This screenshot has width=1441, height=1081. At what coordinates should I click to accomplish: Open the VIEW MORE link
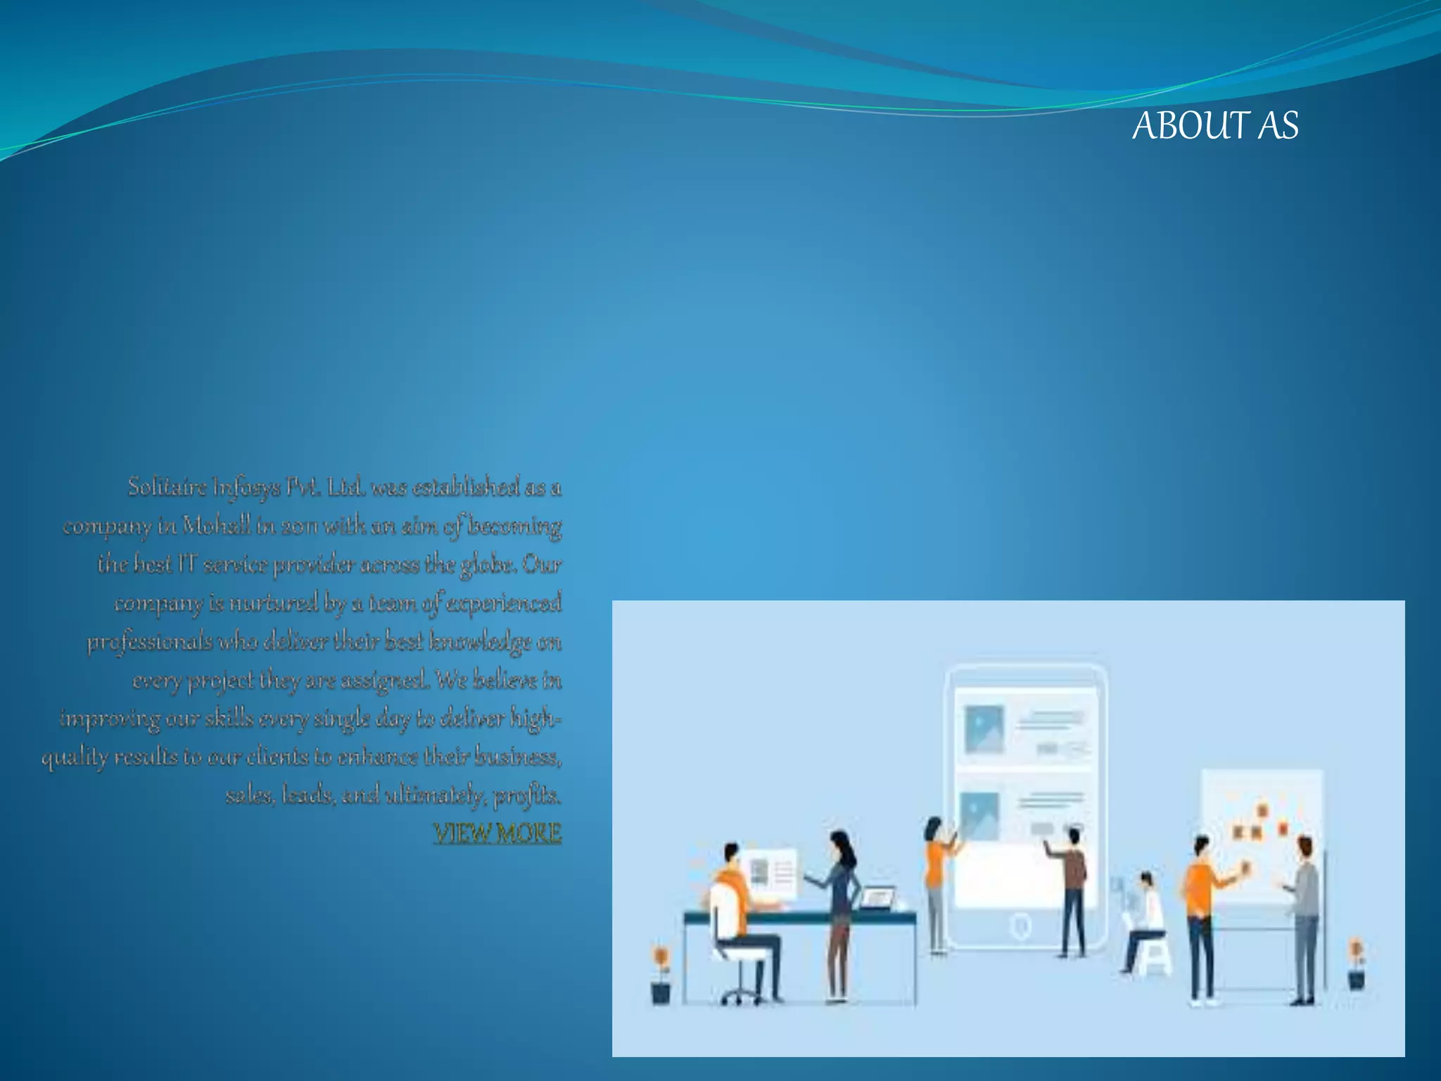coord(497,833)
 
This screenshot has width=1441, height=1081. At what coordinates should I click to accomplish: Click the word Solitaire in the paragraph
coord(167,487)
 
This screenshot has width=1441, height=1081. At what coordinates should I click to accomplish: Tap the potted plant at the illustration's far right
coord(1356,964)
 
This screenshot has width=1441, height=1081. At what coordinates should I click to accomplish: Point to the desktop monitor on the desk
coord(771,873)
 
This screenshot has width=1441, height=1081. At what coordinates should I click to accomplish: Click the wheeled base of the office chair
coord(739,995)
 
